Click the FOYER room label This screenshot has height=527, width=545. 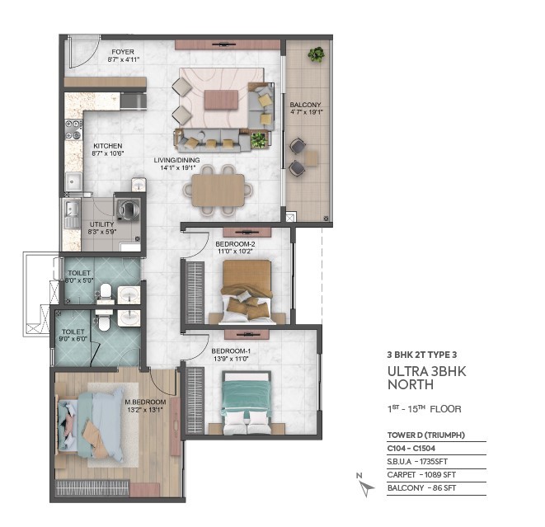(123, 52)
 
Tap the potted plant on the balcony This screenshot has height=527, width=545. (316, 54)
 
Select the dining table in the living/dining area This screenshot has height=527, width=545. (218, 191)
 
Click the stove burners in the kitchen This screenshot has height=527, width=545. (73, 129)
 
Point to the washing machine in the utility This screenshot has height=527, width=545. (129, 209)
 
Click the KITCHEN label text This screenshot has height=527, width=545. (108, 146)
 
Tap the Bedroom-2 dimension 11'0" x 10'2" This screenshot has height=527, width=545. (235, 252)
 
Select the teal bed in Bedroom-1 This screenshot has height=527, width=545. (247, 403)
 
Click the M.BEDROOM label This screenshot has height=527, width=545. (145, 402)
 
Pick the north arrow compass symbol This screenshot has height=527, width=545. (365, 485)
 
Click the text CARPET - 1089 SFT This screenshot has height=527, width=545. (421, 475)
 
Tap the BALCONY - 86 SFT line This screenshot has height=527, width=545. (421, 488)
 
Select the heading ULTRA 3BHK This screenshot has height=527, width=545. (426, 372)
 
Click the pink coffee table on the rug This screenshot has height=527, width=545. (221, 100)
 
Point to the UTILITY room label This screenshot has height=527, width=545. (102, 224)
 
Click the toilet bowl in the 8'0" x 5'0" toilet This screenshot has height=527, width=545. (106, 291)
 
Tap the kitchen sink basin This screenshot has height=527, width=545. (73, 181)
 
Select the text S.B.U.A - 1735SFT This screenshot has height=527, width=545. (417, 462)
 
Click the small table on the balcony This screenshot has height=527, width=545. (312, 158)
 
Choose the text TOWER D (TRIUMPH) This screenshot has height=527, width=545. (425, 435)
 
